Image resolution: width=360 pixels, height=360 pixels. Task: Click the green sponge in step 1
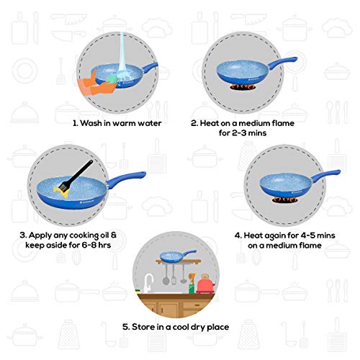point(111,79)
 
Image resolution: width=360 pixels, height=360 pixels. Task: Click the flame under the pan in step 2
point(243,87)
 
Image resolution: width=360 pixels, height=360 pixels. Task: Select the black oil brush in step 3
point(76,176)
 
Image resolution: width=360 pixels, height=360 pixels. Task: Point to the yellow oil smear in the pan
point(61,192)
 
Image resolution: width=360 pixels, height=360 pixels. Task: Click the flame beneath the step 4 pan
point(285,199)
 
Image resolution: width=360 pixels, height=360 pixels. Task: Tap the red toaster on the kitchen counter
point(205,284)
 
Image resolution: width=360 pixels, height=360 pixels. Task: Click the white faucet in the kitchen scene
point(148,283)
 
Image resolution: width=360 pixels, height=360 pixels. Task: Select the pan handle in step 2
point(282,63)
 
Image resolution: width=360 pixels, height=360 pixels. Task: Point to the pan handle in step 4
point(325,175)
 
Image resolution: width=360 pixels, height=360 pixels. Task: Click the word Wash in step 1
point(91,123)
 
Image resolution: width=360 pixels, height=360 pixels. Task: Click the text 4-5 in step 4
point(308,235)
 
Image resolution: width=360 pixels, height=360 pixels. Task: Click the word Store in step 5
point(143,327)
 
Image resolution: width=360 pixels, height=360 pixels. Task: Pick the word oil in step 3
point(104,235)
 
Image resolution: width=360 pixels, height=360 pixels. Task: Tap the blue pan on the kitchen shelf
point(178,256)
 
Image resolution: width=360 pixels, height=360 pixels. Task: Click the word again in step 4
point(276,236)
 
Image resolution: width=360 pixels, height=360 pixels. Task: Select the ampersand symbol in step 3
point(114,235)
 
